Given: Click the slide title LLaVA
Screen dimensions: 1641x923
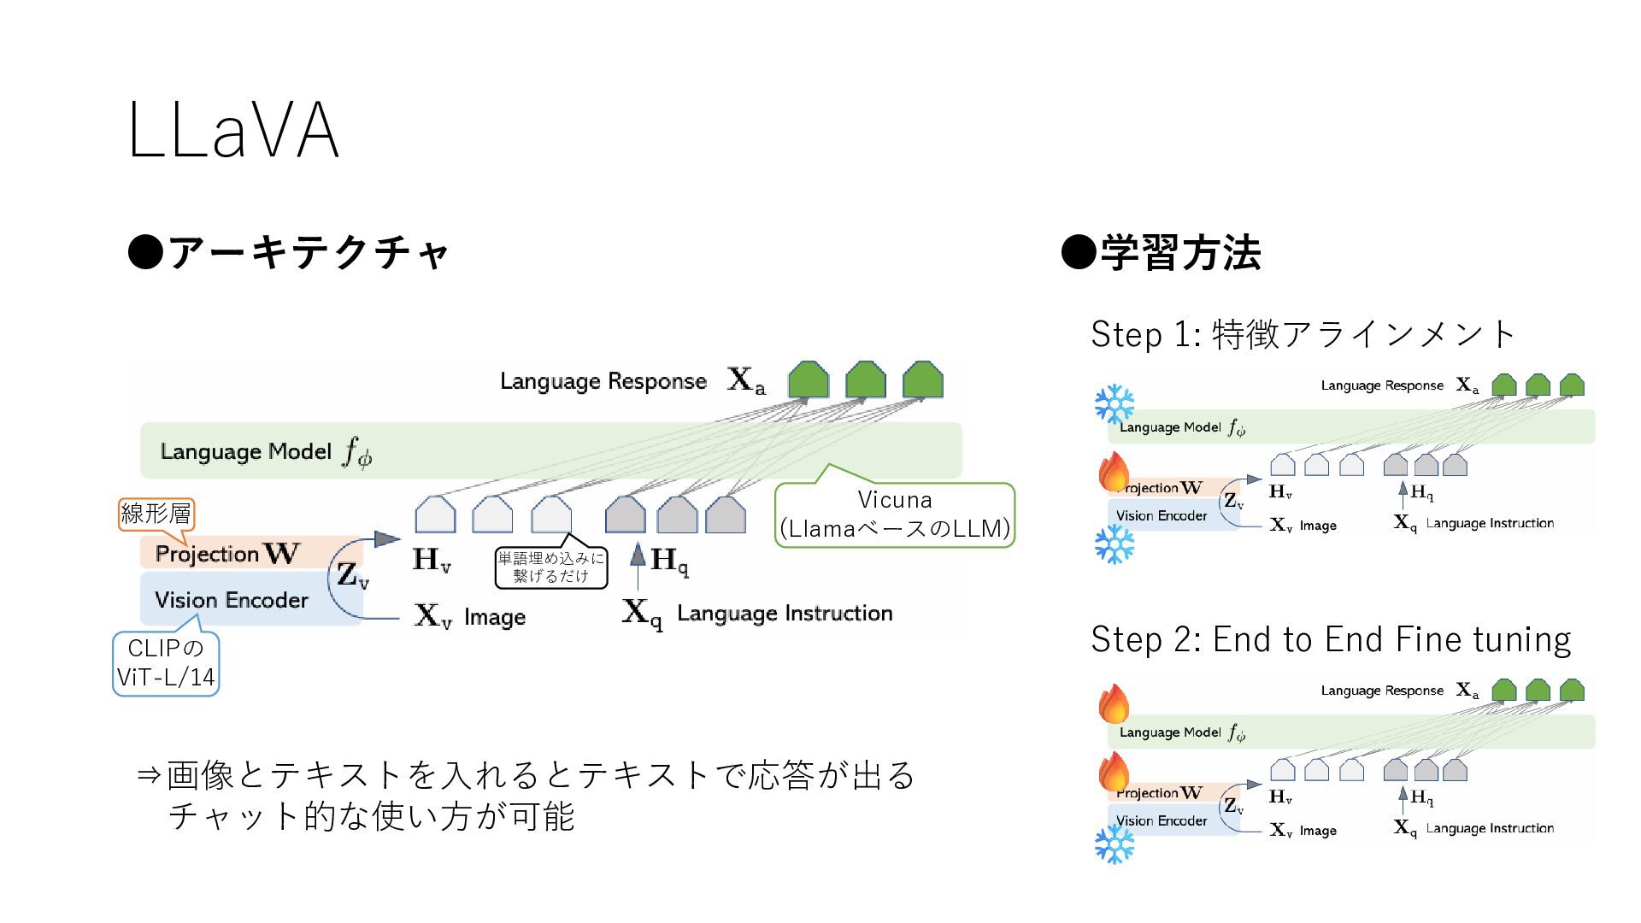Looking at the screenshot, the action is point(233,131).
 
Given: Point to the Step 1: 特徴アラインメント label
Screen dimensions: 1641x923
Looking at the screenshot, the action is point(1303,334).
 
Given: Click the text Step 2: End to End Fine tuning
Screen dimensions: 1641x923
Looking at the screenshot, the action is point(1331,639).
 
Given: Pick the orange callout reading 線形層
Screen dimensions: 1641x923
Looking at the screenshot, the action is point(156,514).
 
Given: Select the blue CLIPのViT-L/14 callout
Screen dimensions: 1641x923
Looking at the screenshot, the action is point(166,663).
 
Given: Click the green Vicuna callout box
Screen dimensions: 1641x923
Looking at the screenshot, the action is point(895,514).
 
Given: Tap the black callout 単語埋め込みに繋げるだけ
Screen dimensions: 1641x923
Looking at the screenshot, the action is point(551,567).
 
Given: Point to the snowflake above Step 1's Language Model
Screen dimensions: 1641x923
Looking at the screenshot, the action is point(1115,403).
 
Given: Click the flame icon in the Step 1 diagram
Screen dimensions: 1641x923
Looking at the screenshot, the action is point(1115,472).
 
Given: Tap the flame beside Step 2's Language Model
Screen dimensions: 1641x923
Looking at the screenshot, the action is point(1115,703).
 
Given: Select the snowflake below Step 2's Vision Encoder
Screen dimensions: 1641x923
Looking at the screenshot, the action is point(1115,844).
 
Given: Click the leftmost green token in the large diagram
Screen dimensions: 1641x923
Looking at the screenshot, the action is point(808,379).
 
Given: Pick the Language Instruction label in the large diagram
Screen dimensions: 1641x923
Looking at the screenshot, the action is point(785,613).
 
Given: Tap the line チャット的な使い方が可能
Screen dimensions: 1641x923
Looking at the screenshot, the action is point(371,817).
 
